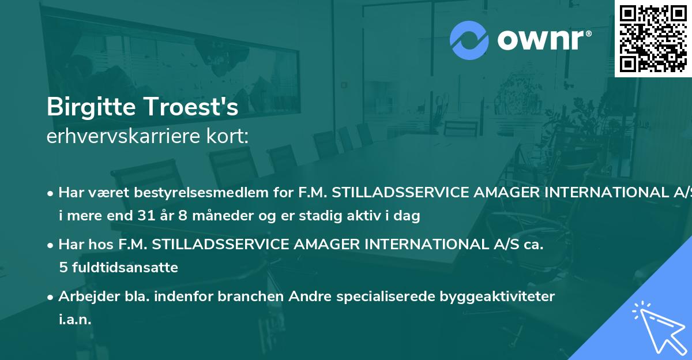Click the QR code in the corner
653,38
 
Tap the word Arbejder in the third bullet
84,297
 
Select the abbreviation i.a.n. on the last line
75,319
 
